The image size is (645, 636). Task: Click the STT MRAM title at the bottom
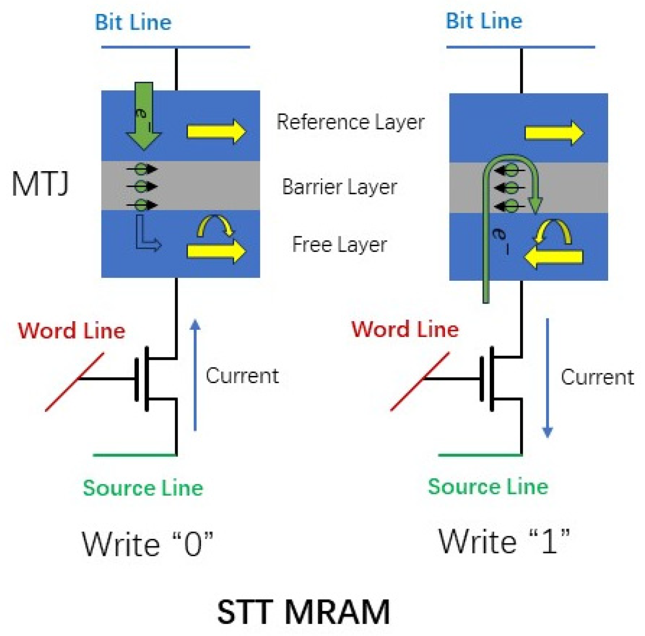(303, 612)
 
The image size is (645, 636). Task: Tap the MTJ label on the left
(40, 184)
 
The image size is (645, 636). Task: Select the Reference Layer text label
(350, 122)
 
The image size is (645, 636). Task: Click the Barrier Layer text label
(339, 187)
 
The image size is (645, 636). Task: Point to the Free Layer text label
(339, 245)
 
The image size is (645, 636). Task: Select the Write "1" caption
(504, 541)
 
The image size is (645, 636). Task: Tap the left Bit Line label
(133, 22)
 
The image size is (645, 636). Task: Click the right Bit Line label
(484, 21)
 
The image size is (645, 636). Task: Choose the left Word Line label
(71, 331)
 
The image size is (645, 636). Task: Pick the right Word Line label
(405, 329)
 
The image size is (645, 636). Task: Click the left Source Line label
(143, 488)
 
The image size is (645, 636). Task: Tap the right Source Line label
(488, 486)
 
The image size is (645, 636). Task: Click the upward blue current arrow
(195, 375)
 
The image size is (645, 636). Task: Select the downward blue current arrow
(547, 377)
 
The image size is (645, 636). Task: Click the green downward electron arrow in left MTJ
(143, 117)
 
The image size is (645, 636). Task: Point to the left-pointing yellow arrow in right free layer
(553, 257)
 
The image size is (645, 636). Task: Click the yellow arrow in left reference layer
(216, 131)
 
